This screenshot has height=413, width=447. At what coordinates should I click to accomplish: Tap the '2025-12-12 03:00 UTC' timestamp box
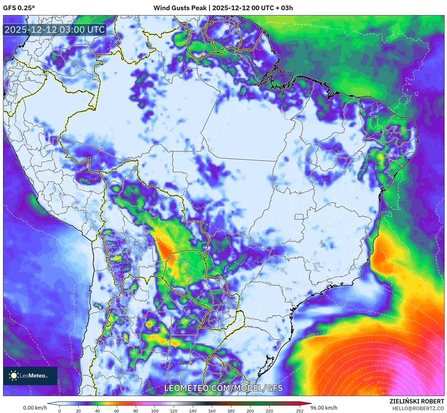pyautogui.click(x=55, y=30)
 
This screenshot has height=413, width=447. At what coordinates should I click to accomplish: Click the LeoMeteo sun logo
pyautogui.click(x=14, y=376)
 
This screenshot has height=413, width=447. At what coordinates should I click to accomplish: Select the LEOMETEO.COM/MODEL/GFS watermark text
pyautogui.click(x=223, y=388)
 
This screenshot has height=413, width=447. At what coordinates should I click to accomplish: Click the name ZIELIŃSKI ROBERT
pyautogui.click(x=416, y=401)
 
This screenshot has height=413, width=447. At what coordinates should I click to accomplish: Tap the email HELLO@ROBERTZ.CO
pyautogui.click(x=418, y=408)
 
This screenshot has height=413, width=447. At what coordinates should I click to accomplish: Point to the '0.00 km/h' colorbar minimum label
pyautogui.click(x=35, y=408)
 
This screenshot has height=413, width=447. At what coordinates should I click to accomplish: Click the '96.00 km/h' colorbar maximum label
pyautogui.click(x=324, y=408)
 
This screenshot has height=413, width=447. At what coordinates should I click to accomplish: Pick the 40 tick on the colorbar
pyautogui.click(x=97, y=411)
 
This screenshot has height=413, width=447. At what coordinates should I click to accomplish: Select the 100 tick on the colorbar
pyautogui.click(x=155, y=411)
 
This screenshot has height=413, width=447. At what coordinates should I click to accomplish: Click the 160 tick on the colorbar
pyautogui.click(x=212, y=411)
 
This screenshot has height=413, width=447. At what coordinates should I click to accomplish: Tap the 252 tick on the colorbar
pyautogui.click(x=300, y=411)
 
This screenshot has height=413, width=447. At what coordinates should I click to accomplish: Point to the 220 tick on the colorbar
pyautogui.click(x=269, y=411)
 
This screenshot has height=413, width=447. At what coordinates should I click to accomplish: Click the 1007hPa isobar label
pyautogui.click(x=348, y=305)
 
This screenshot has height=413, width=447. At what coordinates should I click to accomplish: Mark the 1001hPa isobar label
pyautogui.click(x=400, y=347)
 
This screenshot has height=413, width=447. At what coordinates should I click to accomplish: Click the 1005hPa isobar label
pyautogui.click(x=308, y=336)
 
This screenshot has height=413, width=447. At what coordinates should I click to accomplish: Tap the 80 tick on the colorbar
pyautogui.click(x=136, y=411)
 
